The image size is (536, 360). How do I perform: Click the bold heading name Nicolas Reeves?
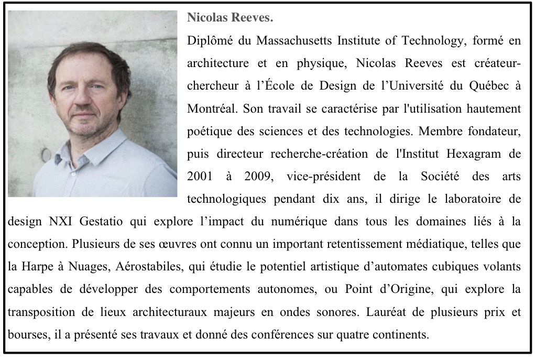point(230,18)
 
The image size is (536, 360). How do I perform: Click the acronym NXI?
point(62,221)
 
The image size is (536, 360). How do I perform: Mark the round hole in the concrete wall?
point(46,155)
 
